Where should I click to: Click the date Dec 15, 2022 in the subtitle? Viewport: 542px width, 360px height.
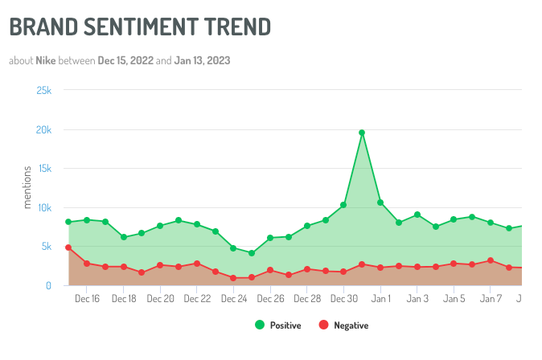125,61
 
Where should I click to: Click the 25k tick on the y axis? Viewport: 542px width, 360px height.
43,91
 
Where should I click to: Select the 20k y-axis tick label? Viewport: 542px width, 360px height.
43,130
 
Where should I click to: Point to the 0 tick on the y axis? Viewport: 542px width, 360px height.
48,285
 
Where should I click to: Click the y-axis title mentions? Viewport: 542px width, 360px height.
27,187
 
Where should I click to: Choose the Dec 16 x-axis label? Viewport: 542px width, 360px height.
87,299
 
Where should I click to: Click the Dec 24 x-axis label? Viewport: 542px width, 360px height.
233,299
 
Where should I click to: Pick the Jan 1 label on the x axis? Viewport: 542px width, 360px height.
380,299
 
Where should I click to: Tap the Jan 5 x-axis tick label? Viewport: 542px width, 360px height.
454,299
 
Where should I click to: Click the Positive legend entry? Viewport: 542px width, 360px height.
277,325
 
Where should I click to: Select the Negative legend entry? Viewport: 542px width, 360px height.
343,325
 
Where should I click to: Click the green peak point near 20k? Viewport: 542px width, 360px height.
362,133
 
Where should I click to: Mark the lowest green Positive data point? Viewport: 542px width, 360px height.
252,253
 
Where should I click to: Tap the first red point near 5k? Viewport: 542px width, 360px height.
68,247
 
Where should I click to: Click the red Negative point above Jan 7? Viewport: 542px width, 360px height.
491,260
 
